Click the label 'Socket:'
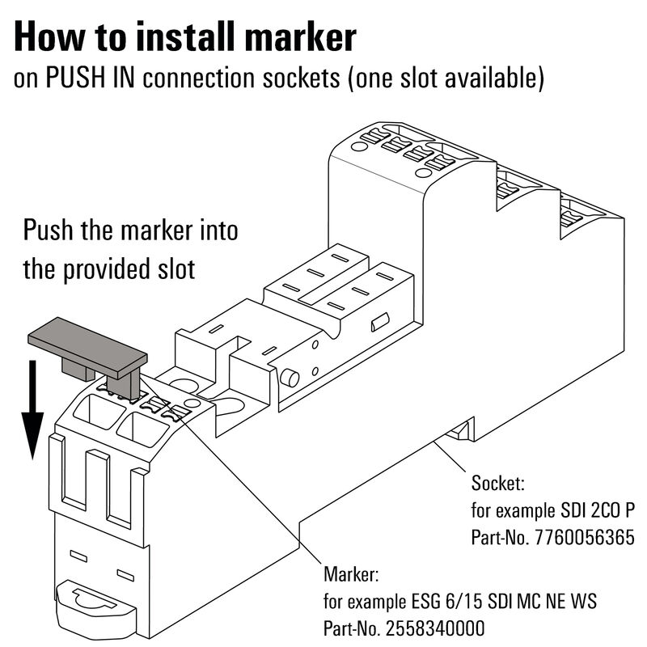point(498,484)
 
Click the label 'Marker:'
point(351,574)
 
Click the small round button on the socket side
point(288,378)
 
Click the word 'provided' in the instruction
point(108,269)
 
